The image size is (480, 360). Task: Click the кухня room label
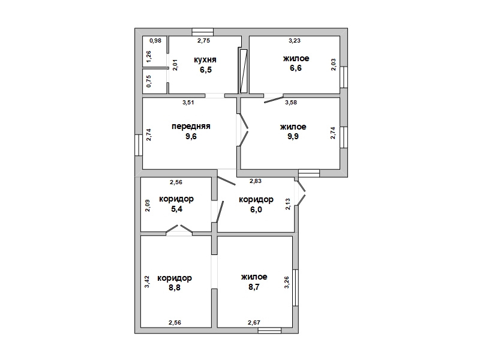(205, 59)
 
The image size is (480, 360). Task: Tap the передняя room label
(191, 126)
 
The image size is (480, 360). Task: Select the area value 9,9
(293, 136)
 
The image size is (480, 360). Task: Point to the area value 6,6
(296, 68)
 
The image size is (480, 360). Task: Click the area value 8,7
(254, 287)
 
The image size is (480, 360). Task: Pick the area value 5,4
(176, 209)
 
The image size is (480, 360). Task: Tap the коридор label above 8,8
(175, 278)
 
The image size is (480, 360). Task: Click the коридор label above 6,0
(256, 200)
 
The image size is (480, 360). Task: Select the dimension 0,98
(155, 40)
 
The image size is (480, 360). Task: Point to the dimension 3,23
(295, 40)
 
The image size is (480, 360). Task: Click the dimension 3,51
(188, 103)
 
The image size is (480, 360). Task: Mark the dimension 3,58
(291, 103)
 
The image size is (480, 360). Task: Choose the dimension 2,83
(256, 181)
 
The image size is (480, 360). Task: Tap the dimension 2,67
(254, 322)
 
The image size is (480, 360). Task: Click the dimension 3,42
(147, 281)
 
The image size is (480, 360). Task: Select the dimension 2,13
(288, 204)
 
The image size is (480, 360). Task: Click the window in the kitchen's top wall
(203, 32)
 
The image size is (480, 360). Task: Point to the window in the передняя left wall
(139, 145)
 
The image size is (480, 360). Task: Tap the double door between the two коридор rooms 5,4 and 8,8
(179, 230)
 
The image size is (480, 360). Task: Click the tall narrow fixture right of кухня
(244, 71)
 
